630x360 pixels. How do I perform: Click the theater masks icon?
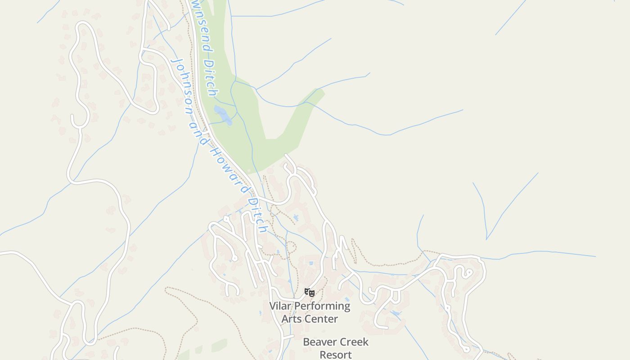click(309, 292)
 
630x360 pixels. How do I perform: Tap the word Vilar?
click(280, 306)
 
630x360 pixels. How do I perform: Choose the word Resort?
click(335, 355)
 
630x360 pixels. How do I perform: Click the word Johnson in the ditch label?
click(183, 85)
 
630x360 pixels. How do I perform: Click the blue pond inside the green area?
click(222, 115)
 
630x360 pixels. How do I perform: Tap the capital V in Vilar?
click(273, 306)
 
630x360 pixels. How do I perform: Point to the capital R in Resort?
click(323, 355)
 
